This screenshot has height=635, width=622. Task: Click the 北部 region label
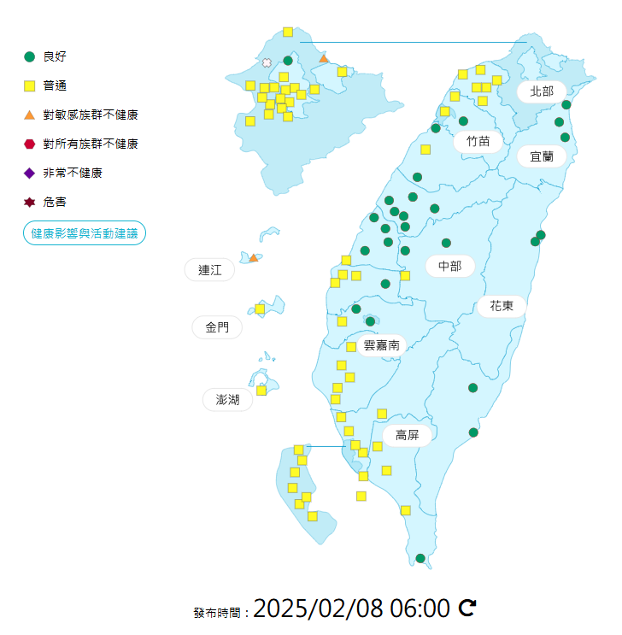(542, 91)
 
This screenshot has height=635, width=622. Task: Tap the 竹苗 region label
(478, 141)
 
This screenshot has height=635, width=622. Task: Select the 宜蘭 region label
(542, 156)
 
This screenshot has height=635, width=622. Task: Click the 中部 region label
(449, 267)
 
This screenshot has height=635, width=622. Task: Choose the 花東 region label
(502, 306)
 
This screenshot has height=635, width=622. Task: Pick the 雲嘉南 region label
(382, 345)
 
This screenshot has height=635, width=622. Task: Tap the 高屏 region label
(407, 436)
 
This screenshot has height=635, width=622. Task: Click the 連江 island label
(209, 270)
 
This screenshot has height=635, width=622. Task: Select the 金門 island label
(217, 327)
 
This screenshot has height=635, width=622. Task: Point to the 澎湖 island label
(227, 399)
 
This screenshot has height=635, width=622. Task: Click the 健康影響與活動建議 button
(85, 232)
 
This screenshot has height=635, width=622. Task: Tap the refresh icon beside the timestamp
(467, 608)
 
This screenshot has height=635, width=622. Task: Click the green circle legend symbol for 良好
(30, 56)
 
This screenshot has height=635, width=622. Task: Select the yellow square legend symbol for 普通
(30, 85)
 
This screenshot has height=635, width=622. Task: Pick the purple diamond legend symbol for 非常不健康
(30, 173)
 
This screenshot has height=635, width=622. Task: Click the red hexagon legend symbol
(30, 144)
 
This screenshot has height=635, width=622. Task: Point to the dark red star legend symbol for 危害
(30, 203)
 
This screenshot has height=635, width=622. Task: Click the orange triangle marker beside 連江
(253, 257)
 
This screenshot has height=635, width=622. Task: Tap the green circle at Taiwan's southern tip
(420, 558)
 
